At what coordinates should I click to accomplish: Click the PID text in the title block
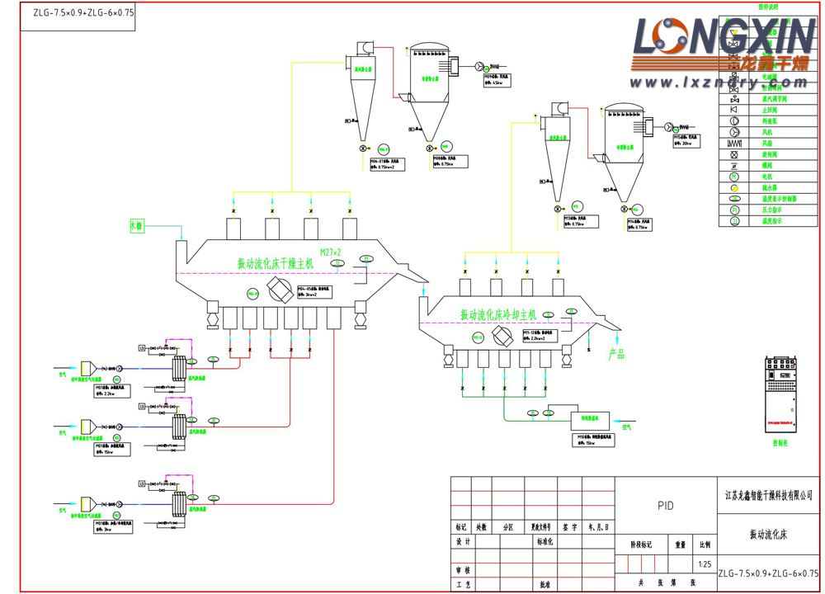point(666,506)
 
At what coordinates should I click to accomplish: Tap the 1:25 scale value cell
point(705,565)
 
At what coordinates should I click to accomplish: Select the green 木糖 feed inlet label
point(136,226)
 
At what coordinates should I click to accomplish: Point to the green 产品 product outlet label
point(617,354)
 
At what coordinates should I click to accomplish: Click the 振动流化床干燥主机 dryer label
point(276,264)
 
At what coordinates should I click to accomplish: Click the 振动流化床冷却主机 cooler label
point(498,314)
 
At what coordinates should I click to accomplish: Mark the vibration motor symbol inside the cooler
point(500,336)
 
